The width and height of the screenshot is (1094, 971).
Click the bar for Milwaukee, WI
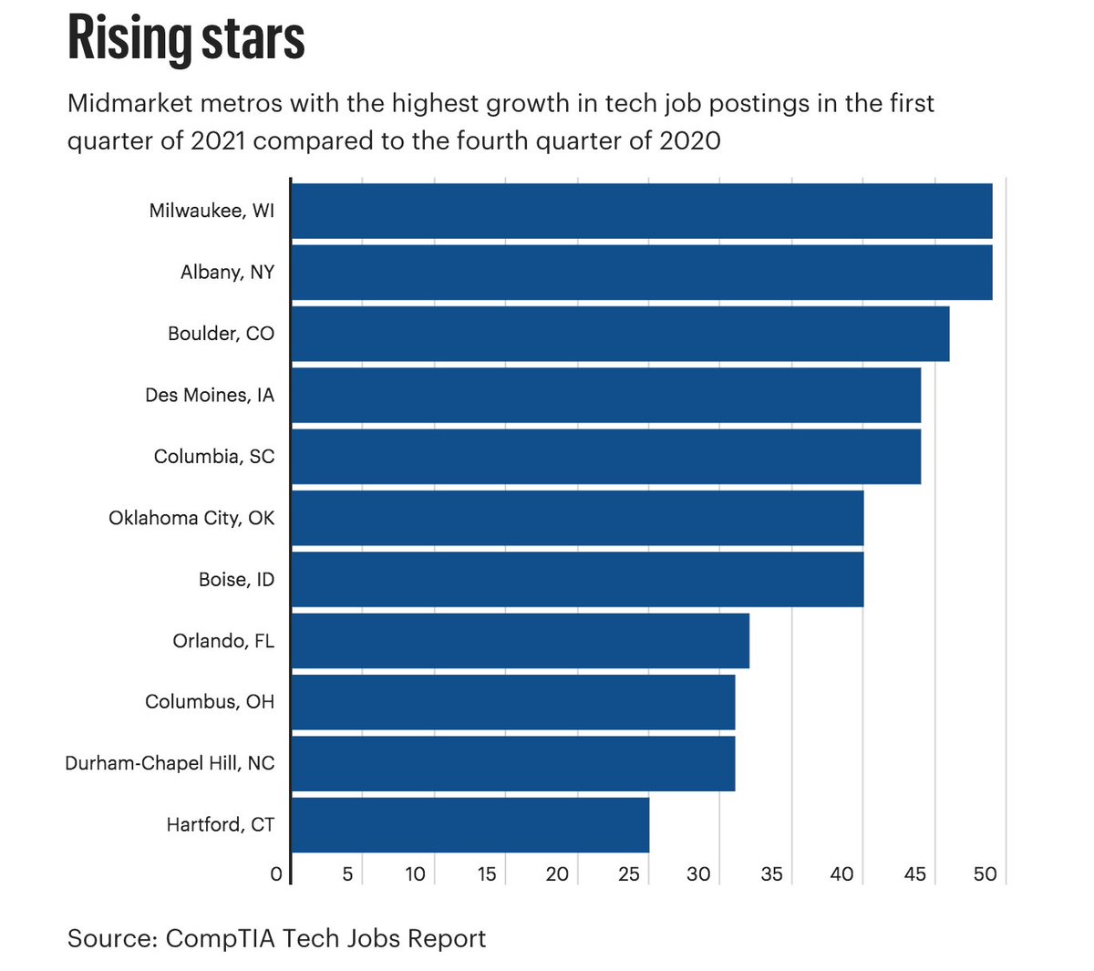pos(641,211)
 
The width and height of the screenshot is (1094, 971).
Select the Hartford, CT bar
pos(470,825)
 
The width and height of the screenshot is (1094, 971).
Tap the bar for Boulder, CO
pos(620,334)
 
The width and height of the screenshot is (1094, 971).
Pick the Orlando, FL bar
pos(520,641)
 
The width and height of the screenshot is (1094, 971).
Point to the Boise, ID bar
pos(577,580)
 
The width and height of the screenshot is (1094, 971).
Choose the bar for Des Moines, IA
pos(605,396)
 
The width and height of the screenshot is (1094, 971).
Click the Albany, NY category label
pos(227,273)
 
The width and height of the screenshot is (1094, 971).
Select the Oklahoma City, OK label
pos(191,518)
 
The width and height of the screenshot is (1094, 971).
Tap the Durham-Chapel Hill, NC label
pos(170,763)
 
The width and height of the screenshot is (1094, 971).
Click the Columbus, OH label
pos(210,702)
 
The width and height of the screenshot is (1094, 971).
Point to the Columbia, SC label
pos(214,457)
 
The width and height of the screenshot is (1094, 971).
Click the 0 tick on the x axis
pos(276,874)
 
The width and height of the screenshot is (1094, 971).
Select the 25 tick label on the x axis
pos(629,874)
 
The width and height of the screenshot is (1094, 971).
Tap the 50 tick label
pos(985,874)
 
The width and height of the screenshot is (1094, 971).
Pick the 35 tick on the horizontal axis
pos(771,874)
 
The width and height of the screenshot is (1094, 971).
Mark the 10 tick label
pos(415,874)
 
